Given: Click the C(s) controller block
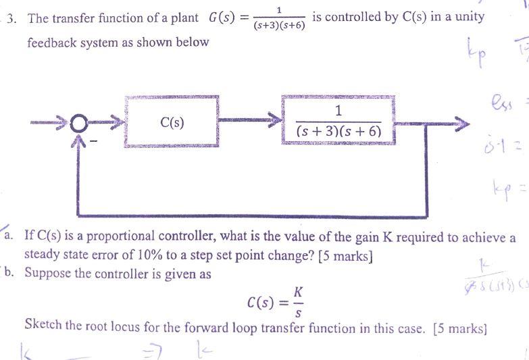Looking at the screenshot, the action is (x=172, y=121).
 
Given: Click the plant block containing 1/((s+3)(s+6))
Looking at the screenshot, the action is (x=338, y=121).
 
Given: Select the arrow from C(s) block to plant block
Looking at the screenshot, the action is (x=250, y=122).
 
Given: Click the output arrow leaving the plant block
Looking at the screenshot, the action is (x=432, y=123).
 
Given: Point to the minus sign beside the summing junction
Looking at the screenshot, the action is (x=95, y=141).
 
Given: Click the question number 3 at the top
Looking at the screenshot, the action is (x=11, y=18).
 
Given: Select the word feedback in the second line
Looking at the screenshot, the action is (x=55, y=43).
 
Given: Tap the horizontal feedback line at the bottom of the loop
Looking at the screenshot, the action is (x=270, y=215).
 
